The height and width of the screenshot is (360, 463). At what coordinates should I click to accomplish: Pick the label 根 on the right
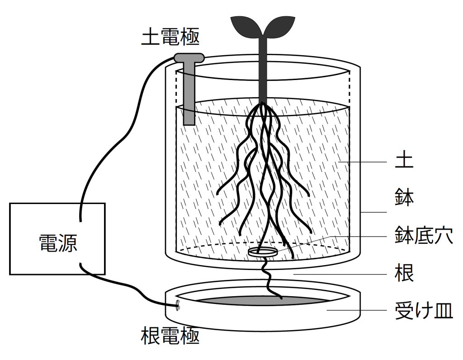404,274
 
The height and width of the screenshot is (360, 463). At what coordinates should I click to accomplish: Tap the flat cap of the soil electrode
188,57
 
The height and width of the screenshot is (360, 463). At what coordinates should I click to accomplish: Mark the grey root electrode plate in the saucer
253,301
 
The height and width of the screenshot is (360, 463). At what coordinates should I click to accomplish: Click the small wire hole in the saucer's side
177,306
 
